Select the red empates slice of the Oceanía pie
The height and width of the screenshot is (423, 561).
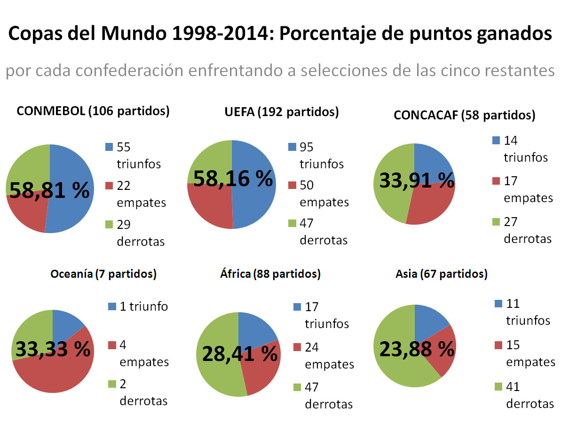(56, 371)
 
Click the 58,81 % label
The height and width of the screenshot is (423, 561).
(49, 190)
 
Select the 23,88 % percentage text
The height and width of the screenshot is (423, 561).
(414, 349)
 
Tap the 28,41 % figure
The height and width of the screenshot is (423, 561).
(240, 353)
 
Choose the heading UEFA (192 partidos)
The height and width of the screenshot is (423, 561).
(282, 112)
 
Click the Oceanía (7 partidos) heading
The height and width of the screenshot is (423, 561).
(103, 274)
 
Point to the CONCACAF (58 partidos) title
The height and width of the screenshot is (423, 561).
(465, 115)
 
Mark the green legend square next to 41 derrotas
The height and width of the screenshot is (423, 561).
(498, 387)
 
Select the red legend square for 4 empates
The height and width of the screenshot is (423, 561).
(112, 345)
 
